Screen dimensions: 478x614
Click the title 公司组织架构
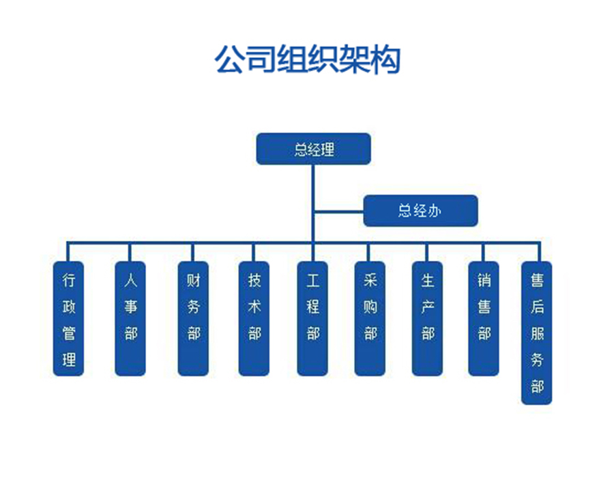click(307, 59)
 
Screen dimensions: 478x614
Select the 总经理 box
click(313, 149)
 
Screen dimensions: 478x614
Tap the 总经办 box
click(420, 210)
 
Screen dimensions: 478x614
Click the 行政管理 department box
click(69, 318)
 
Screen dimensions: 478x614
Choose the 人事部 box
click(130, 318)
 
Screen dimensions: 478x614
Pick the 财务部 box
click(193, 318)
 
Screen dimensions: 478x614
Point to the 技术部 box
click(254, 318)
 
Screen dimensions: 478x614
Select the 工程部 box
click(313, 318)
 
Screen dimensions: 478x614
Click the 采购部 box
click(370, 318)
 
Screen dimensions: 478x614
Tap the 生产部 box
click(428, 318)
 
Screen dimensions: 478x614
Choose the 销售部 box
click(484, 318)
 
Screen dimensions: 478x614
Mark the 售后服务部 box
click(537, 333)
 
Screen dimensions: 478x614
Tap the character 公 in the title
click(230, 59)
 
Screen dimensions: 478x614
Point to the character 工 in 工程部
click(313, 281)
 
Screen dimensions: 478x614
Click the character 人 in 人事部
click(130, 281)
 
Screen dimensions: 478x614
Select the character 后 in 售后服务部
click(537, 307)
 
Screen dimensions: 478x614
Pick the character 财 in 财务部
click(193, 281)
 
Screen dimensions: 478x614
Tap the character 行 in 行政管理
click(69, 280)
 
